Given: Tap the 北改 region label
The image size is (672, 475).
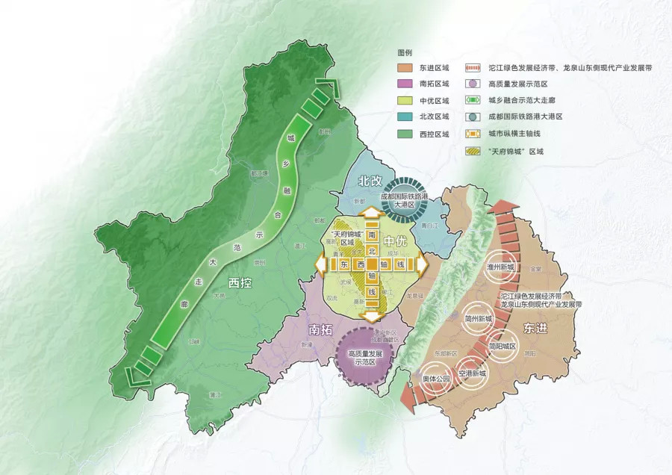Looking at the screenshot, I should [370, 181].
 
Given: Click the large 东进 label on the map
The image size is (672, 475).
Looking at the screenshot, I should [535, 327].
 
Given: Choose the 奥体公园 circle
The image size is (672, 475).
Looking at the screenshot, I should [437, 379].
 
